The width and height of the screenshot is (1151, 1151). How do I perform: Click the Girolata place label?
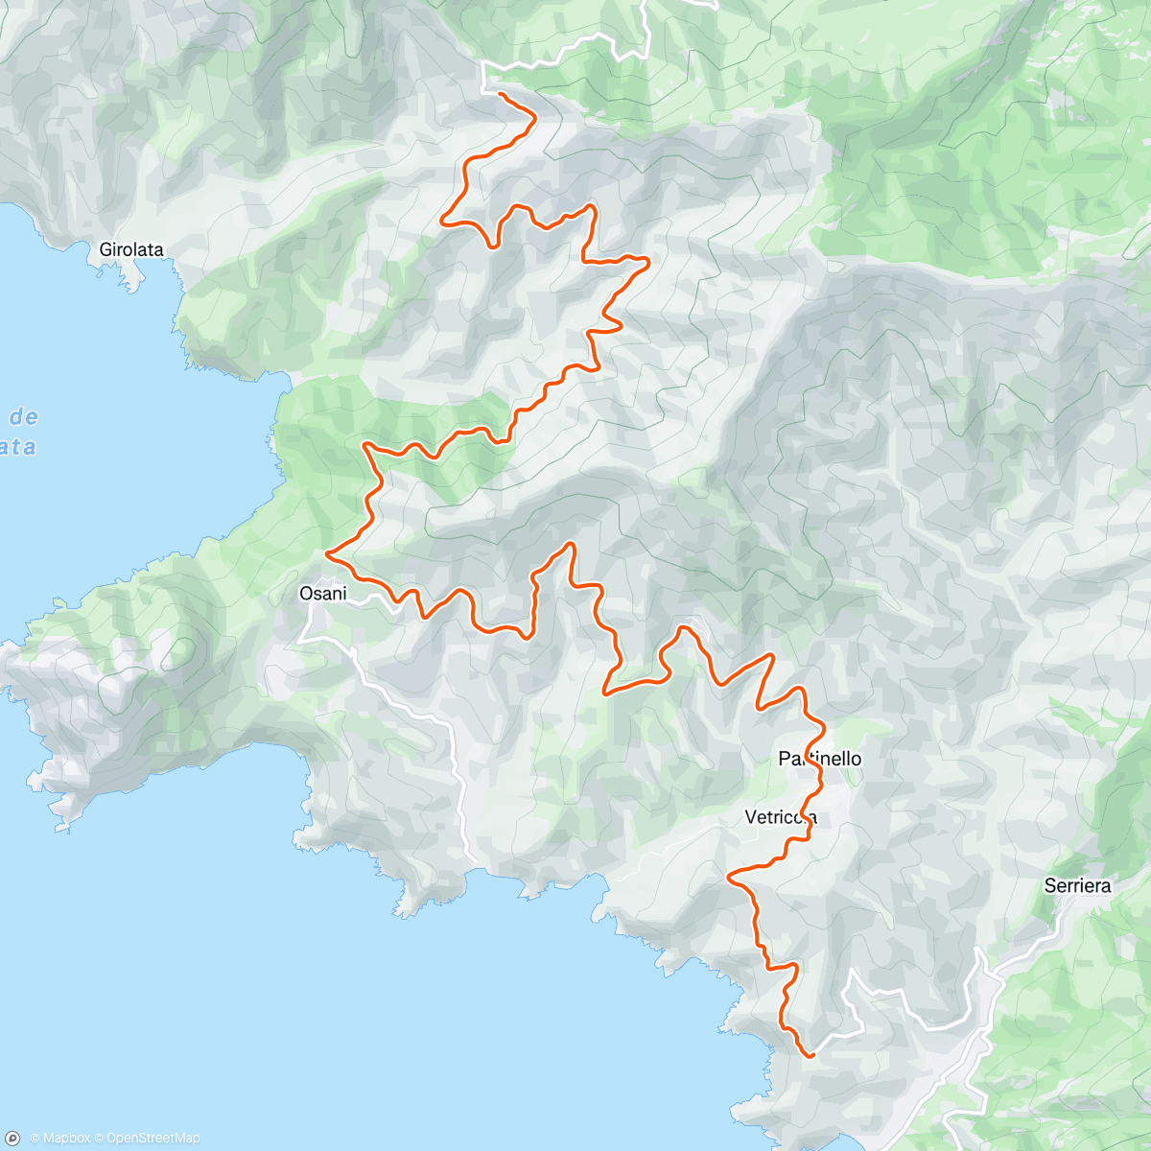click(x=131, y=249)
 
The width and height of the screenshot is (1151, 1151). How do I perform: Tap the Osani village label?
click(x=323, y=594)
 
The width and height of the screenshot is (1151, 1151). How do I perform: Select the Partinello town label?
click(x=819, y=759)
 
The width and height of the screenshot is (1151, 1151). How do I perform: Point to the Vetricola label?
click(x=781, y=817)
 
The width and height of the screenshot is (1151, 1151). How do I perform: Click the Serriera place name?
click(x=1077, y=885)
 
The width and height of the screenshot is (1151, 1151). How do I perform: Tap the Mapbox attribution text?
click(x=66, y=1138)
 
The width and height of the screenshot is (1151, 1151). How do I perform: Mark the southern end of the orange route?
click(x=812, y=1055)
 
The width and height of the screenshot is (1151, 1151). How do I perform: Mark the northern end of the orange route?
click(x=499, y=93)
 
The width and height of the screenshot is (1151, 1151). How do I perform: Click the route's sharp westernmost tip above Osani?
click(x=328, y=553)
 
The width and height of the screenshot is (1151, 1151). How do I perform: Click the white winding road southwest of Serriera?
click(x=902, y=998)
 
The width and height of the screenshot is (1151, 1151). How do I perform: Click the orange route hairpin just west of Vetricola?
click(x=731, y=876)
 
